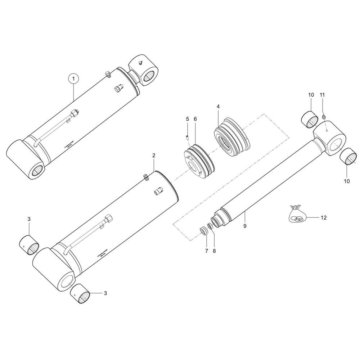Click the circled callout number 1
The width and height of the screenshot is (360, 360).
(x=73, y=78)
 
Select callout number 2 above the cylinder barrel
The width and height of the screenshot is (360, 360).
(x=154, y=156)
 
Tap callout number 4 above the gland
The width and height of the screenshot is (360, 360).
(x=218, y=107)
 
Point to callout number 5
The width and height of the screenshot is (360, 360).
(x=187, y=119)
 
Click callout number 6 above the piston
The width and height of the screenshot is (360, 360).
(x=195, y=119)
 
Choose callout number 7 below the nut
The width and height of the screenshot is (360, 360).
(x=207, y=251)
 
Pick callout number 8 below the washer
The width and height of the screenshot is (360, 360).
(x=214, y=251)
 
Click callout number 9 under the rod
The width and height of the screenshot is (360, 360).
(x=245, y=226)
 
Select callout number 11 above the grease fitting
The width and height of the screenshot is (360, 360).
(x=322, y=95)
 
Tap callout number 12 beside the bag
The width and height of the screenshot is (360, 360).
(x=323, y=217)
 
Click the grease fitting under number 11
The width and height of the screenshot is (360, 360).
(x=324, y=117)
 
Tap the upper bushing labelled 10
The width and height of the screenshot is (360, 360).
(x=310, y=120)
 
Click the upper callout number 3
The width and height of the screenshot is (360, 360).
(x=29, y=219)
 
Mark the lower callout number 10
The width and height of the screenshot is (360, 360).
(x=347, y=181)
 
